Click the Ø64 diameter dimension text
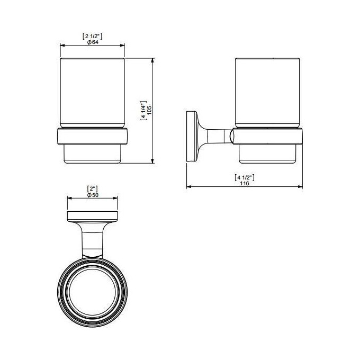93,42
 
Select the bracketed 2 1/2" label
92,36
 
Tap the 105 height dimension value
149,111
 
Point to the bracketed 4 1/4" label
143,111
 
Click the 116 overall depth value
245,184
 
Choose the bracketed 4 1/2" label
245,177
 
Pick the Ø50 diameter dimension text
93,195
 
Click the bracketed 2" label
93,189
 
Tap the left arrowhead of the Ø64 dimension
62,46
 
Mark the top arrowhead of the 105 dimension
152,60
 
